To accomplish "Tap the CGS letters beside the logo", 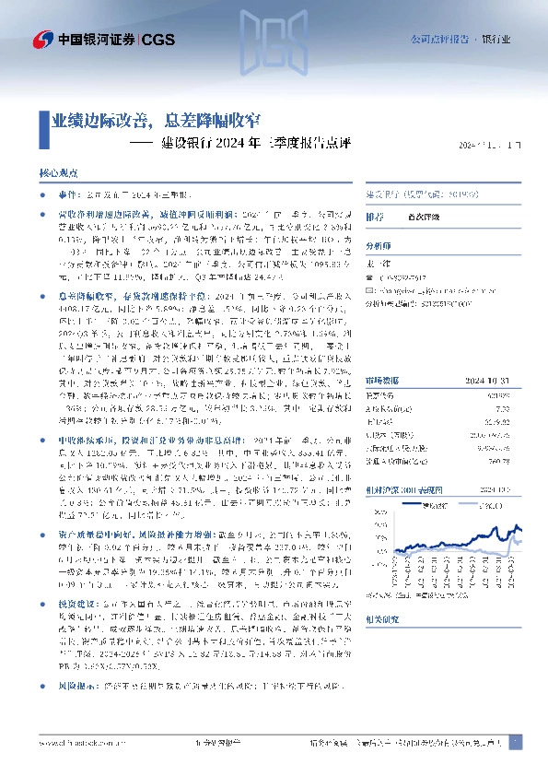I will coord(157,39).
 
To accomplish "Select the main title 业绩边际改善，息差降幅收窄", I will coord(156,120).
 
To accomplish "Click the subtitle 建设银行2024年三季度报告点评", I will coord(258,144).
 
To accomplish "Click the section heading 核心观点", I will coord(59,173).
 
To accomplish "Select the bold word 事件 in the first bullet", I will coord(69,196).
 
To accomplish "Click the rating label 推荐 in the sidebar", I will coord(375,217).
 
